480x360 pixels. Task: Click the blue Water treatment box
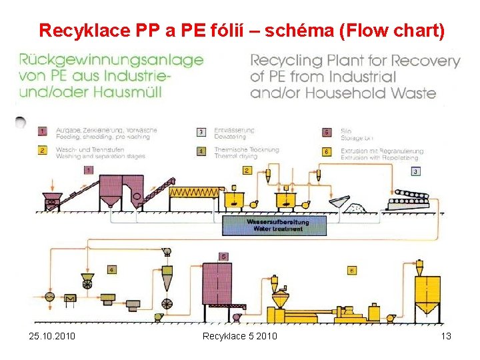pyautogui.click(x=275, y=225)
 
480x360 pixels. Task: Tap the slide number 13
pyautogui.click(x=446, y=335)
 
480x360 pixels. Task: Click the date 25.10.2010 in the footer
pyautogui.click(x=52, y=335)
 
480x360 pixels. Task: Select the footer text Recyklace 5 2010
pyautogui.click(x=240, y=335)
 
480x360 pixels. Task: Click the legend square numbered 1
pyautogui.click(x=41, y=132)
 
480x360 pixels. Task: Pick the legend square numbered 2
pyautogui.click(x=41, y=151)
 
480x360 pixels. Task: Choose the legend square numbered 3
pyautogui.click(x=201, y=132)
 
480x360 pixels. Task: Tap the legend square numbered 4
pyautogui.click(x=201, y=151)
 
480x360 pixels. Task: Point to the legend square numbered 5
pyautogui.click(x=327, y=132)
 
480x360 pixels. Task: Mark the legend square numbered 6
pyautogui.click(x=327, y=151)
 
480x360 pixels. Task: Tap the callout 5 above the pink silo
pyautogui.click(x=224, y=256)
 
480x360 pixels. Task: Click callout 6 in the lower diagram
pyautogui.click(x=351, y=270)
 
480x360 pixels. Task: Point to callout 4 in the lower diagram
pyautogui.click(x=111, y=269)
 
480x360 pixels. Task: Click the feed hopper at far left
pyautogui.click(x=51, y=199)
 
